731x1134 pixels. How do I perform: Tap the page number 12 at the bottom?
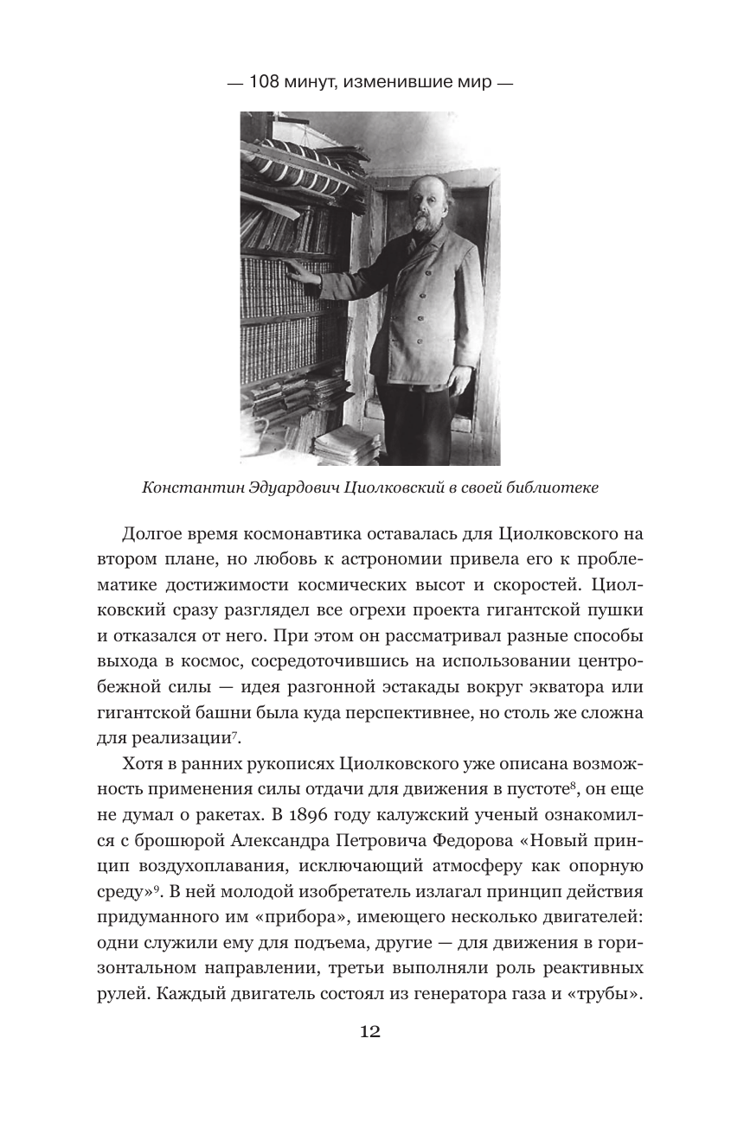pyautogui.click(x=369, y=1031)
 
